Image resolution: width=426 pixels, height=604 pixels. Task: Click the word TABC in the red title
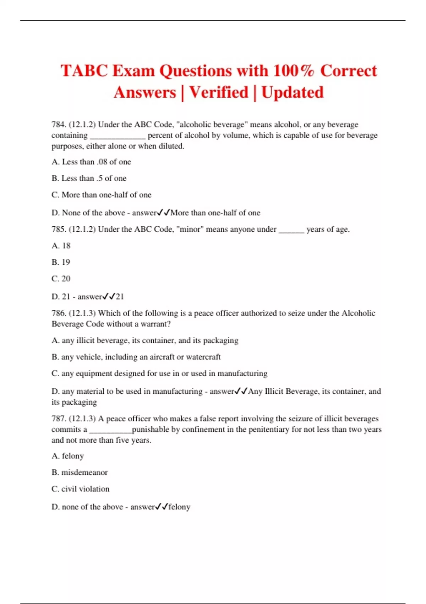[x=84, y=71]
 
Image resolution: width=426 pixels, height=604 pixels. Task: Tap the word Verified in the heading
[x=219, y=93]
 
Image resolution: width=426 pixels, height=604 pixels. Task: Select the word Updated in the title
[x=293, y=93]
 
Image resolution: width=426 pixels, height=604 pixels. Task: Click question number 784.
[x=59, y=125]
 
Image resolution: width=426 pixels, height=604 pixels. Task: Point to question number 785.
[x=59, y=230]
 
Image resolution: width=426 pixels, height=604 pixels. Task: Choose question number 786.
[x=59, y=313]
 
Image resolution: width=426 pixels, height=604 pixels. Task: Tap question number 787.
[x=59, y=419]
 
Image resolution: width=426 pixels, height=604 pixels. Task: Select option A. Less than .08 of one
[x=91, y=162]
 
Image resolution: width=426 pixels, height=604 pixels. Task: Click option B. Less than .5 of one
[x=89, y=178]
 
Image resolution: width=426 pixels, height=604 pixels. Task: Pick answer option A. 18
[x=61, y=246]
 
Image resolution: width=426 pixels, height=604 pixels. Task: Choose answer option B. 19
[x=61, y=262]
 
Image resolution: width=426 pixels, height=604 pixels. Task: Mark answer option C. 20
[x=61, y=279]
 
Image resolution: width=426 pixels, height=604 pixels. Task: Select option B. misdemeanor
[x=80, y=473]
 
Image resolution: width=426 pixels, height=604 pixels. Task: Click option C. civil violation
[x=81, y=489]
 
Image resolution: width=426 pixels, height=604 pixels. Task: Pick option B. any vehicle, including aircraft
[x=136, y=357]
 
